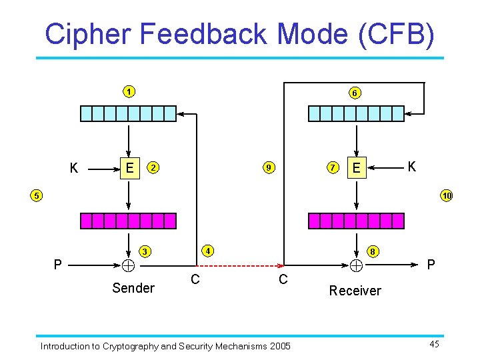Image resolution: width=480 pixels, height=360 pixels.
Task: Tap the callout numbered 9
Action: [268, 167]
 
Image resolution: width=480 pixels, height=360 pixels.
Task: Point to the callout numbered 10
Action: [446, 195]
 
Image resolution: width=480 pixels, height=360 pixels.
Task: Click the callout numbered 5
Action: [37, 195]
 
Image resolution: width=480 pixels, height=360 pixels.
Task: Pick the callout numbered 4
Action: [208, 251]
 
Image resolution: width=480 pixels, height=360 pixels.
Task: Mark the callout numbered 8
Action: [375, 251]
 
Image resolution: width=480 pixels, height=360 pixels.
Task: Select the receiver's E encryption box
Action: [357, 168]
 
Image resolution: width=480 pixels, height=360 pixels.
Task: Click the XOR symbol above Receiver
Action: [357, 265]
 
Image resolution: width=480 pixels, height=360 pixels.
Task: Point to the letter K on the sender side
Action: [74, 169]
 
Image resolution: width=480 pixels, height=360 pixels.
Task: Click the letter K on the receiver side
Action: [411, 167]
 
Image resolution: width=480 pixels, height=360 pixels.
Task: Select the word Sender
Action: [133, 288]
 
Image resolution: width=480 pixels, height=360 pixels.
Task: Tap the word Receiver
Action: [355, 291]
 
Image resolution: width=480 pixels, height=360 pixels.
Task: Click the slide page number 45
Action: [434, 344]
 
